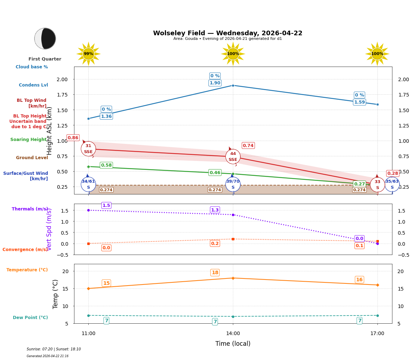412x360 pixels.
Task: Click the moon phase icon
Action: tap(45, 38)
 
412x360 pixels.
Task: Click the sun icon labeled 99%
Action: tap(88, 54)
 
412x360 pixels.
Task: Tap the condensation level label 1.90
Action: tap(215, 83)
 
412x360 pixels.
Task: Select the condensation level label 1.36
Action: tap(106, 116)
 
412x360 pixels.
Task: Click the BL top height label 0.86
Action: tap(73, 138)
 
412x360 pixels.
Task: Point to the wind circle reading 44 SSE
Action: tap(233, 156)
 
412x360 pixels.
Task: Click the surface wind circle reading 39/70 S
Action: tap(233, 184)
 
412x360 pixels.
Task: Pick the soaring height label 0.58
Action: tap(106, 165)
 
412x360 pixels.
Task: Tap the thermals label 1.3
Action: tap(215, 210)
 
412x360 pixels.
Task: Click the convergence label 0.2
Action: tap(215, 244)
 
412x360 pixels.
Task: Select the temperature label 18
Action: tap(215, 273)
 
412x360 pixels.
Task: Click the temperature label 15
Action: tap(106, 283)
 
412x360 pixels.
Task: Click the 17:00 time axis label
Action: tap(377, 333)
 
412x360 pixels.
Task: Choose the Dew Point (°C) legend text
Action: tap(30, 318)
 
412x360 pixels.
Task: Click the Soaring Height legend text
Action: tap(28, 140)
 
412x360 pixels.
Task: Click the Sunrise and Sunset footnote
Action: tap(53, 349)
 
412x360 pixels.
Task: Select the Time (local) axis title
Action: tap(233, 344)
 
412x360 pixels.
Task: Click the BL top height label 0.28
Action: tap(392, 173)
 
